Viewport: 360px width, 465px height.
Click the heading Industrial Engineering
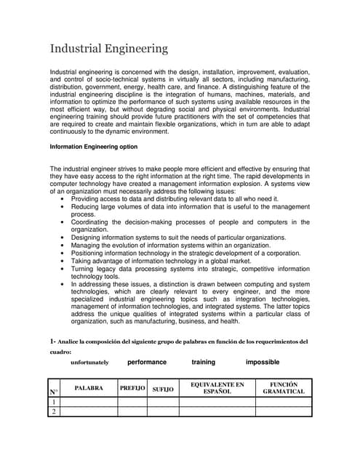[x=108, y=49]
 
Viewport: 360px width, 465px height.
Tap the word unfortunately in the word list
[x=89, y=362]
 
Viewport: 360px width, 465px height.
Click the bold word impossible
[x=263, y=362]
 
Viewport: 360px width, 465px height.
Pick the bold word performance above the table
[x=147, y=362]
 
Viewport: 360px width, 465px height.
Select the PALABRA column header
[x=89, y=388]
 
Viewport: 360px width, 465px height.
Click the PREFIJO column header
[x=132, y=388]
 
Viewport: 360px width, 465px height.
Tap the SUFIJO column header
[x=163, y=390]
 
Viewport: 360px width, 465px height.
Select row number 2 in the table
[x=54, y=412]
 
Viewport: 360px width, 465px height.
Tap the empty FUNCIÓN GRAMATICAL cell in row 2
[x=284, y=412]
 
